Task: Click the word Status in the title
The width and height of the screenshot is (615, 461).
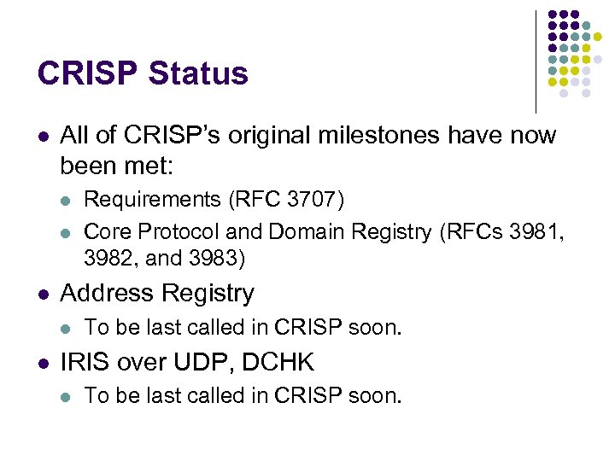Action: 198,73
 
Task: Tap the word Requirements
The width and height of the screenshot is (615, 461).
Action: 153,200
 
